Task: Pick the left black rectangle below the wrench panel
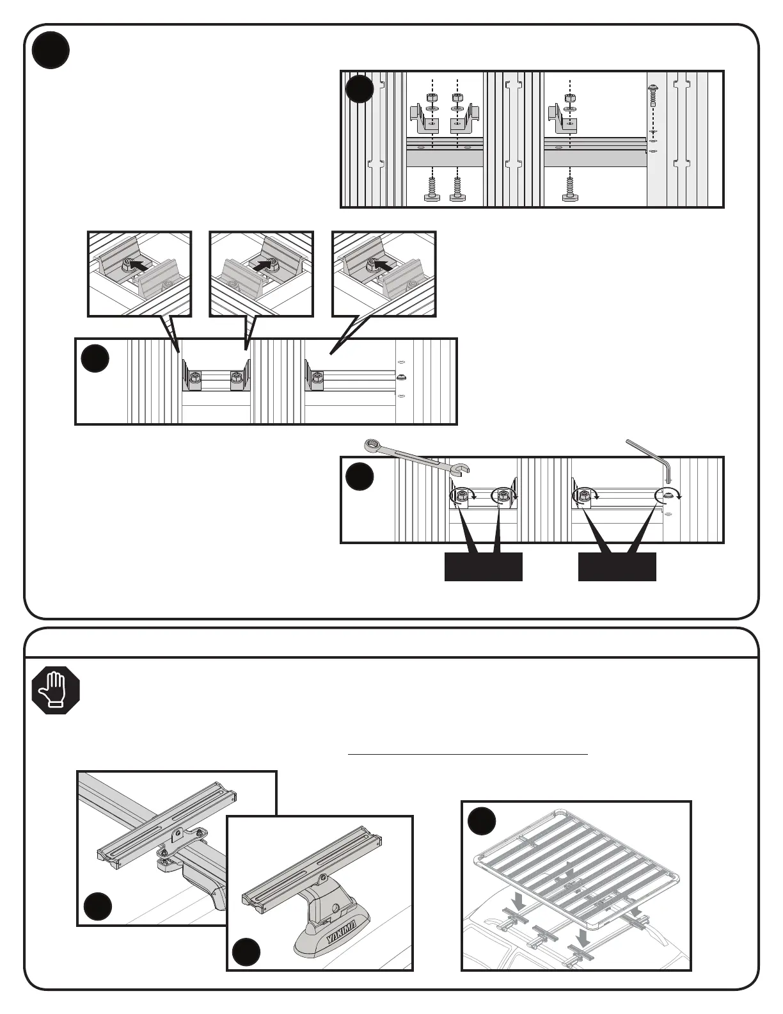(484, 567)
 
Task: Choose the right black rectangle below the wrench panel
(617, 567)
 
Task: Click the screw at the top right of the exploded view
(654, 94)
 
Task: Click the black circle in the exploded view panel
(360, 89)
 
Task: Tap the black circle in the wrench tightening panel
(360, 478)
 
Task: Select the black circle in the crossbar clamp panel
(98, 906)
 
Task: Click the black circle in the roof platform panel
(482, 821)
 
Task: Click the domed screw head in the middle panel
(402, 377)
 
